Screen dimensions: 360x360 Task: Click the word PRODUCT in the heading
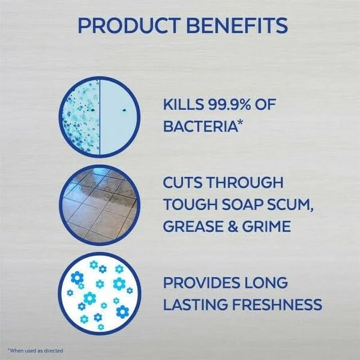(x=129, y=25)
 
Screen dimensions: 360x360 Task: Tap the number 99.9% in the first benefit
(x=229, y=104)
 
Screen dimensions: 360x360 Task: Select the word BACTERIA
(x=200, y=126)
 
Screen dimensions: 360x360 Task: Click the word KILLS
(x=183, y=104)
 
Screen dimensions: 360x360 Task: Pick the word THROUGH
(x=245, y=182)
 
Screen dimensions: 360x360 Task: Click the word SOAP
(x=242, y=204)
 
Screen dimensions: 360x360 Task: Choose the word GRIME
(x=266, y=226)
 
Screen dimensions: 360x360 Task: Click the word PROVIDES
(x=201, y=282)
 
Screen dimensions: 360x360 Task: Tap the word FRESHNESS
(x=277, y=304)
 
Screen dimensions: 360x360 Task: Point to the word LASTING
(x=196, y=304)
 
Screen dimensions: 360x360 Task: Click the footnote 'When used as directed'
(x=35, y=350)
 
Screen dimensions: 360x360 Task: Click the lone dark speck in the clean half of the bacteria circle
(x=124, y=110)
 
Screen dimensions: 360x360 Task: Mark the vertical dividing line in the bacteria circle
(x=100, y=117)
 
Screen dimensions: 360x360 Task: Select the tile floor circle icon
(x=100, y=205)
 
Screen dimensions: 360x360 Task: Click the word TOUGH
(x=191, y=204)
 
